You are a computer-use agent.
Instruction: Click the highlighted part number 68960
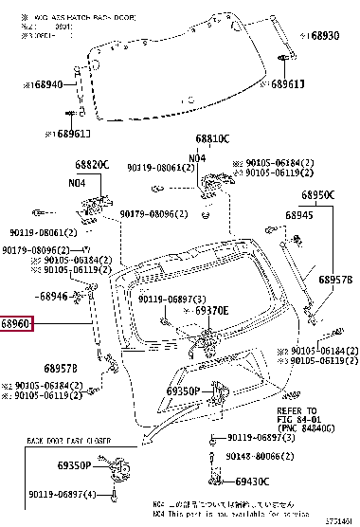pos(18,322)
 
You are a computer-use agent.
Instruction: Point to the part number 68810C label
pos(212,138)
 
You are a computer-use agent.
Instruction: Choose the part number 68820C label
pos(94,164)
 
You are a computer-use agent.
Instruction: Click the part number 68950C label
pos(318,195)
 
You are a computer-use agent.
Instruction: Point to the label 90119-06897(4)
pos(63,495)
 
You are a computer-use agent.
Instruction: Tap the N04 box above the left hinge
pos(77,183)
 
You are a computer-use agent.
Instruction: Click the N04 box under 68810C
pos(196,157)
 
